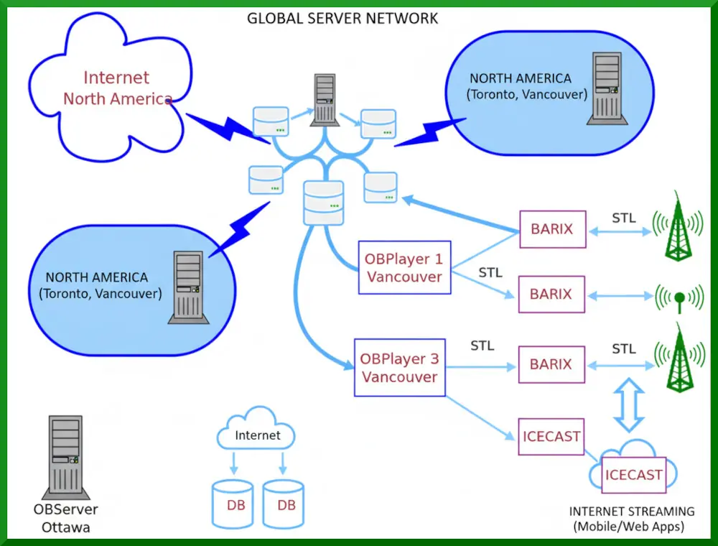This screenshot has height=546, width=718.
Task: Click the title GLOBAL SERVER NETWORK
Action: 342,18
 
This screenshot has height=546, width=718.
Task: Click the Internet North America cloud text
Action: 116,88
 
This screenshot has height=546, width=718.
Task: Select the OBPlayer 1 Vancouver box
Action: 404,267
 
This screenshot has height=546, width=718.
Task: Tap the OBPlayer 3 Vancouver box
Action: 399,367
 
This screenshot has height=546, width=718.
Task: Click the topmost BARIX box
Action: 551,229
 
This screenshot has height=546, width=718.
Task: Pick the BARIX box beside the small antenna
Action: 551,294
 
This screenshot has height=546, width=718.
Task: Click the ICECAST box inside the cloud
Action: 633,474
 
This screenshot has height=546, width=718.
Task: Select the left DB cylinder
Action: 233,504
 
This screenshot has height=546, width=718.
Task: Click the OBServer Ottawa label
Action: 65,518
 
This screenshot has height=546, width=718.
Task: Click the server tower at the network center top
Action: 325,100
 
